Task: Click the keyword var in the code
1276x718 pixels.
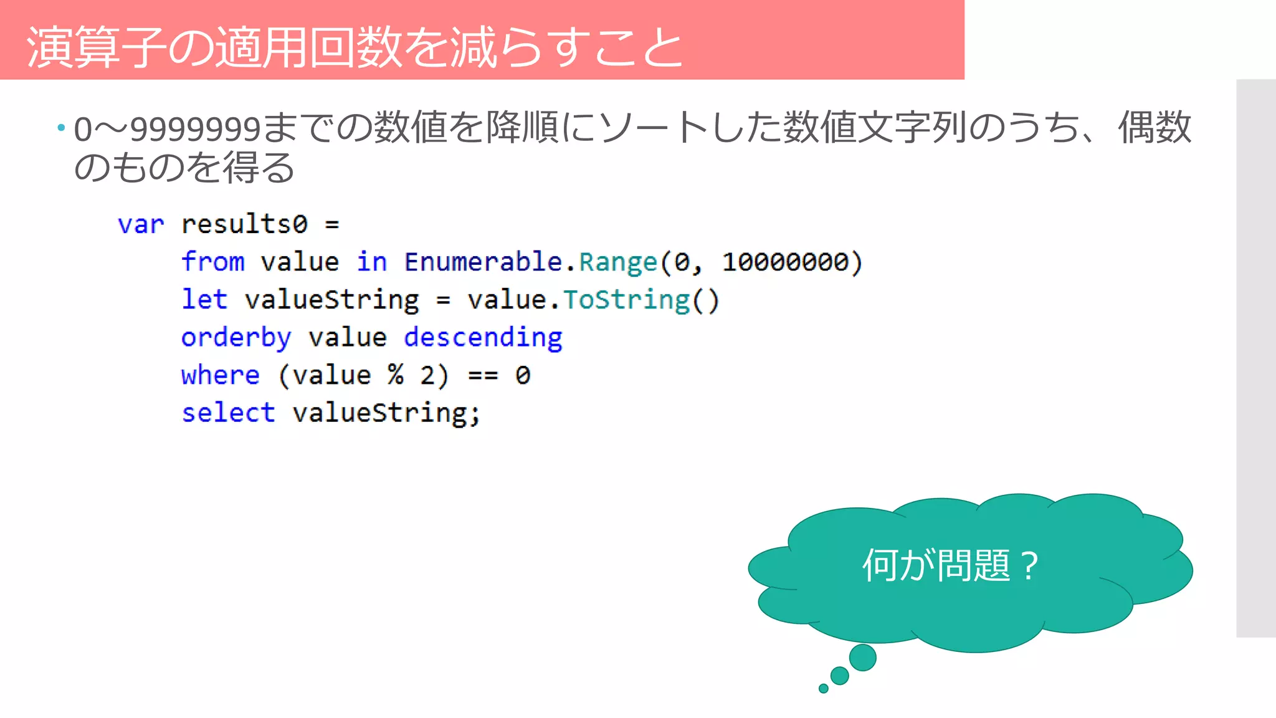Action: (x=141, y=224)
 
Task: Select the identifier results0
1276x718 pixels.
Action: (x=244, y=224)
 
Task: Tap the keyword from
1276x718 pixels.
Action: (x=212, y=262)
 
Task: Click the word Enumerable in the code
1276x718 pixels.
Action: (x=483, y=262)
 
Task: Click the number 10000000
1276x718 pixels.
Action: (x=785, y=262)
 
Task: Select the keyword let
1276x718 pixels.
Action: (x=204, y=300)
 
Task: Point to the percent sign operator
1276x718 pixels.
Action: (x=396, y=375)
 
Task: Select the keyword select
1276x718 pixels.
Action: (x=228, y=413)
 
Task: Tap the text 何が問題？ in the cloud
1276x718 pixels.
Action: (x=950, y=566)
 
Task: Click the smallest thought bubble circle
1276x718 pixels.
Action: (x=824, y=689)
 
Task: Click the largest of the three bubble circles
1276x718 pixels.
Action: (x=863, y=658)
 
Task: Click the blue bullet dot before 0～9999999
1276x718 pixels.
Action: (x=61, y=128)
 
